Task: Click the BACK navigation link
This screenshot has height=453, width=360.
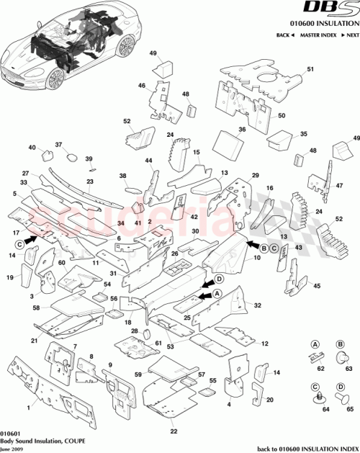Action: point(283,35)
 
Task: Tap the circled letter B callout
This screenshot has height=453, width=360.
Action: point(264,248)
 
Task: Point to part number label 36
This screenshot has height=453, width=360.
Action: point(242,130)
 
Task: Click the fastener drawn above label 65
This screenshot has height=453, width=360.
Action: point(341,396)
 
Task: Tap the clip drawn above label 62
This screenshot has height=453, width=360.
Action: point(314,354)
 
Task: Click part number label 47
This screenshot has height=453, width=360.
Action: point(338,185)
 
